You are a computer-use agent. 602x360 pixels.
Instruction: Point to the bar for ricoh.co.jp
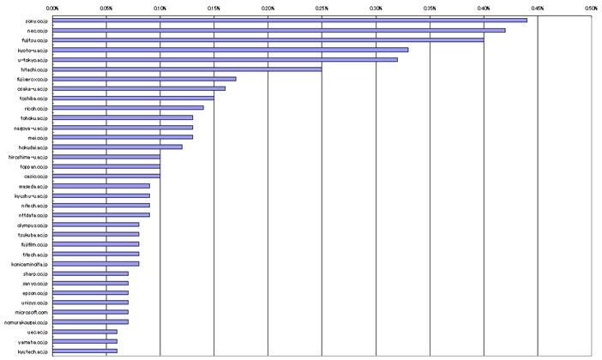pyautogui.click(x=128, y=108)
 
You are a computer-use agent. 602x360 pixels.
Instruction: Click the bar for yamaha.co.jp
pyautogui.click(x=85, y=341)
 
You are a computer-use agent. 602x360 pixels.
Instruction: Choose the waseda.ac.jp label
pyautogui.click(x=34, y=186)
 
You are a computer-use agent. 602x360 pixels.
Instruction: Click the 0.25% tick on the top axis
pyautogui.click(x=322, y=7)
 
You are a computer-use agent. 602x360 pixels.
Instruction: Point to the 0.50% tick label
pyautogui.click(x=591, y=7)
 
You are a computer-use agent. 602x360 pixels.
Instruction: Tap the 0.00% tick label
pyautogui.click(x=52, y=7)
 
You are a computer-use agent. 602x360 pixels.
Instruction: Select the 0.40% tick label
pyautogui.click(x=484, y=7)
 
